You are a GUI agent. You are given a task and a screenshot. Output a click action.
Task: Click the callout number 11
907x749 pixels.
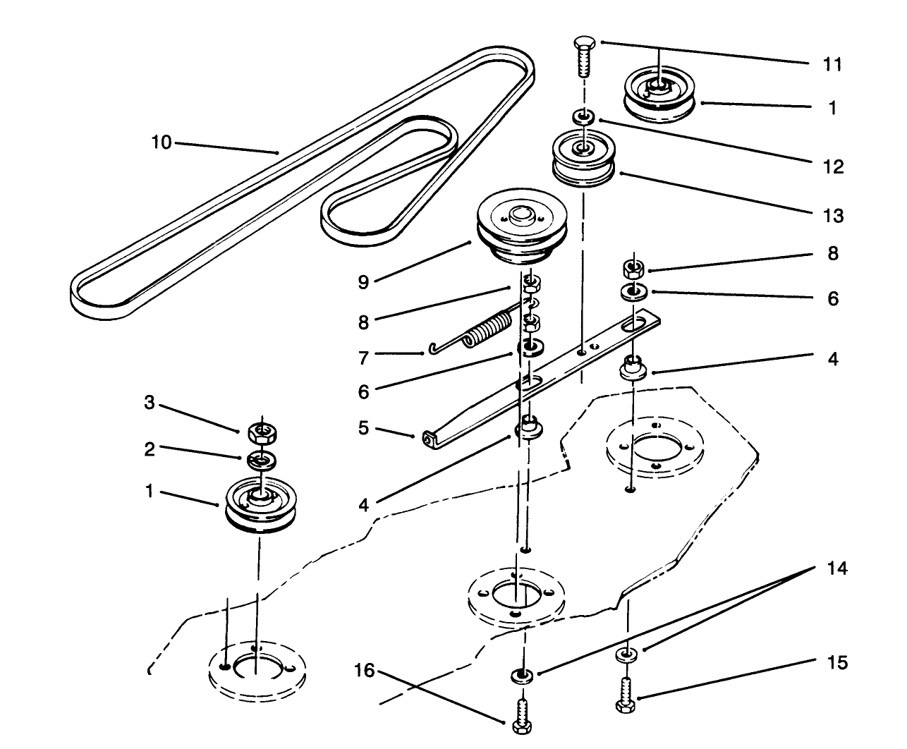point(832,64)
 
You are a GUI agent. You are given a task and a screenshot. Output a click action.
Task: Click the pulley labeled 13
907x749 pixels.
point(583,160)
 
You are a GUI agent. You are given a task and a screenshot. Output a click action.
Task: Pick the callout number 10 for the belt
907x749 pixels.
point(161,142)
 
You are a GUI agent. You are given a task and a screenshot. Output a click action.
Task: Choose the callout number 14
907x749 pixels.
point(838,568)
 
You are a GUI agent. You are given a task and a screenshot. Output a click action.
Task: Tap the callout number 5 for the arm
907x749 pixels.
point(363,428)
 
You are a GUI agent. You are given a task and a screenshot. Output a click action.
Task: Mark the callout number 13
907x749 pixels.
point(833,215)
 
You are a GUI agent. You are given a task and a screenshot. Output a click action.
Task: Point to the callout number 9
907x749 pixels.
point(363,282)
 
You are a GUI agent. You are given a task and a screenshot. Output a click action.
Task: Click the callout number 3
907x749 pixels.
point(149,403)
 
